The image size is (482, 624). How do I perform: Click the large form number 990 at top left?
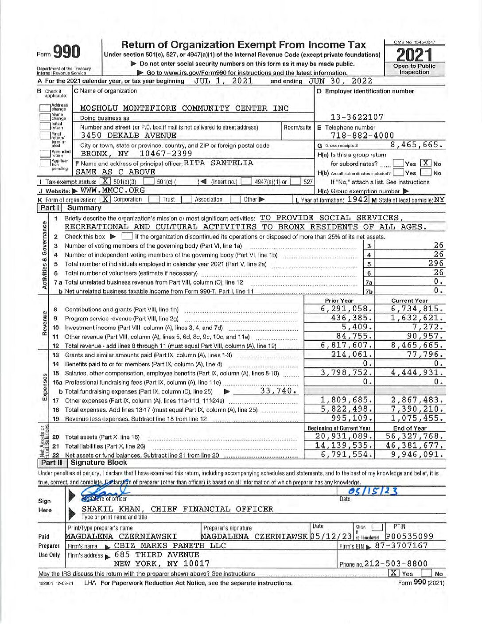point(66,52)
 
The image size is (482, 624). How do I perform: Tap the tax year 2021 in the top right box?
point(414,55)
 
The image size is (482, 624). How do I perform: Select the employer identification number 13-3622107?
point(357,117)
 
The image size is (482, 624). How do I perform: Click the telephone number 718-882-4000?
point(362,136)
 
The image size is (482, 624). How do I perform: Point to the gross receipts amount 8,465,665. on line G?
point(416,145)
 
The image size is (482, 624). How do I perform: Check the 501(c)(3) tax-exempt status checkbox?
point(105,181)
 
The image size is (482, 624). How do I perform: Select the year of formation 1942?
point(358,199)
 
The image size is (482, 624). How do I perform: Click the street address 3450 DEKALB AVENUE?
point(128,136)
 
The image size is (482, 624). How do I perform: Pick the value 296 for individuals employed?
point(436,264)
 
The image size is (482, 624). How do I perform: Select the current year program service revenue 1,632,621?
point(417,318)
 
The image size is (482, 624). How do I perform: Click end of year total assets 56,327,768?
point(415,437)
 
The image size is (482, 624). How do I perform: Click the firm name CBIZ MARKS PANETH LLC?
point(170,546)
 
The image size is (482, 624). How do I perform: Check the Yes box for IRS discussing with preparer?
point(393,573)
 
